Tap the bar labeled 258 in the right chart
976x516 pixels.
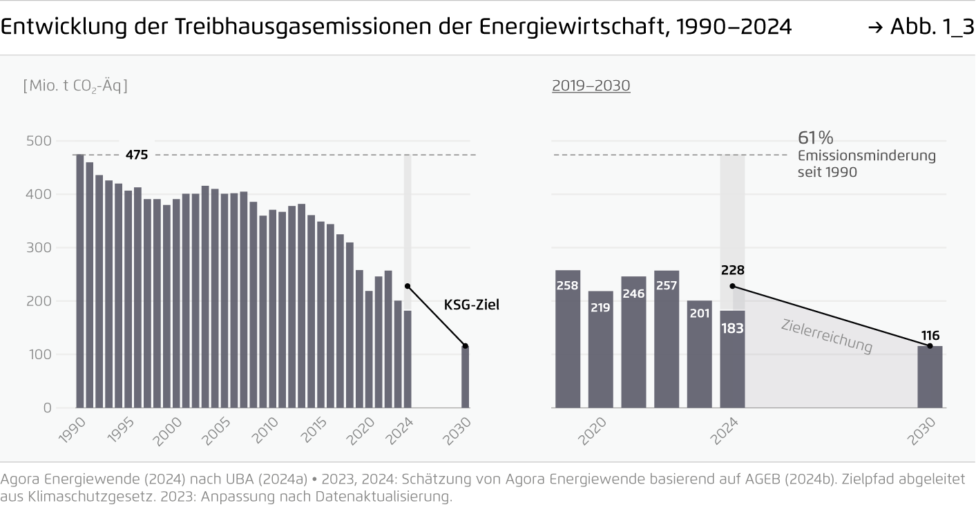click(568, 338)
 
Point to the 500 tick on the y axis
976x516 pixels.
click(38, 141)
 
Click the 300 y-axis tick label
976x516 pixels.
click(38, 247)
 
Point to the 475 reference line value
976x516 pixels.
click(137, 155)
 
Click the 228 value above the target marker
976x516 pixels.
click(732, 270)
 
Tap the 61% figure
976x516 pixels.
click(815, 137)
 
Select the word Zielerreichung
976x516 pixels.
click(827, 336)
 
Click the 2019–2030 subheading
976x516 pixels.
click(591, 86)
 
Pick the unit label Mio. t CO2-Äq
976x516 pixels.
click(75, 86)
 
